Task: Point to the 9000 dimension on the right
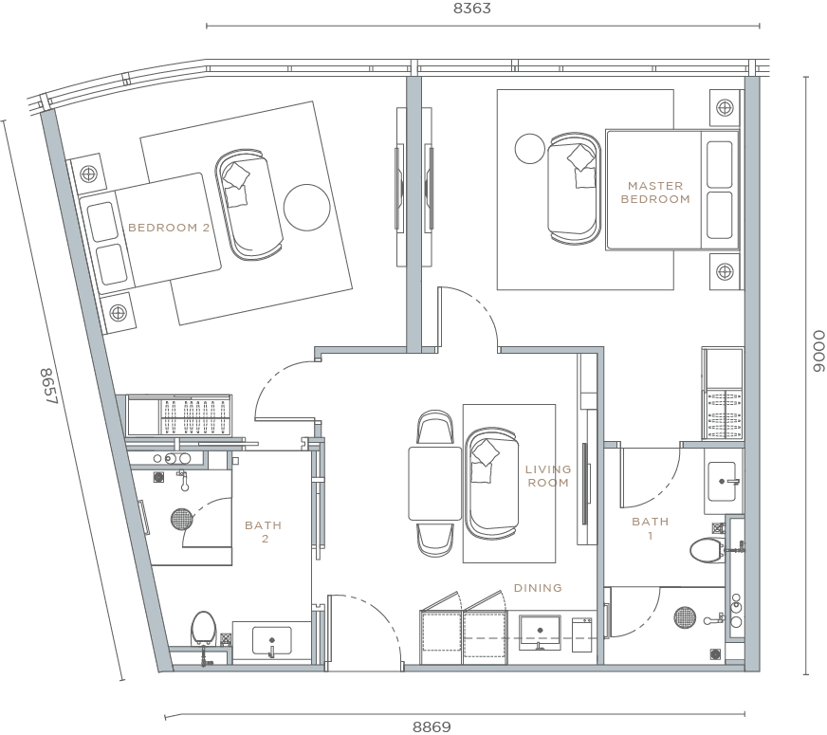(x=818, y=353)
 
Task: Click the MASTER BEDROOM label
(x=654, y=193)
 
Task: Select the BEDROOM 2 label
(x=169, y=228)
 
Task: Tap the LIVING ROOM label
(x=548, y=476)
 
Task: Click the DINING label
(x=538, y=588)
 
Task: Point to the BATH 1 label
(x=650, y=528)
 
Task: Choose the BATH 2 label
(x=263, y=532)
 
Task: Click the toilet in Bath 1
(x=707, y=549)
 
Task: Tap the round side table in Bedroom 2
(x=305, y=204)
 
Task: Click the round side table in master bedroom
(x=528, y=148)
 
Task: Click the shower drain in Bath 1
(x=685, y=618)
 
